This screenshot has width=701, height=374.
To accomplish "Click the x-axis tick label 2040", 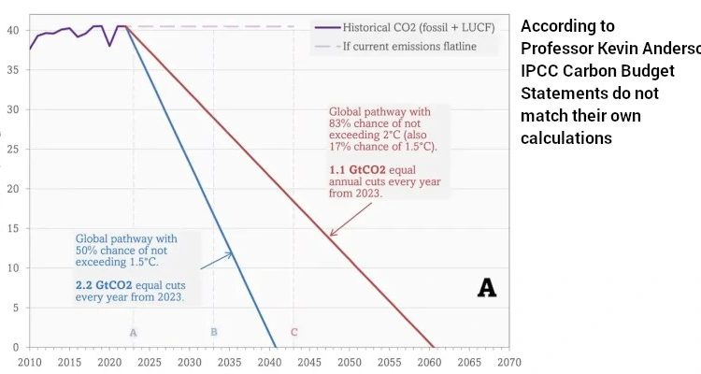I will point(269,361).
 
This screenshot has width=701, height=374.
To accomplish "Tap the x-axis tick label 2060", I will point(429,361).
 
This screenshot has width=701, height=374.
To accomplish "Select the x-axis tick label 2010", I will point(29,361).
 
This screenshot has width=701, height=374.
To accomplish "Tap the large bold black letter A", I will point(486,288).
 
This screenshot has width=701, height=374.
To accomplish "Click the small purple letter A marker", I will point(134,332).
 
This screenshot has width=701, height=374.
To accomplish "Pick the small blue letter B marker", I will point(213,332).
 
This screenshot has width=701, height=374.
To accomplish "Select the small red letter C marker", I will point(293,332).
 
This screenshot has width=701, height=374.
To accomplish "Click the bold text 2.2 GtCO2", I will point(106,283).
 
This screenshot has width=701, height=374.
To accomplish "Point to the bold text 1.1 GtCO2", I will point(350,168).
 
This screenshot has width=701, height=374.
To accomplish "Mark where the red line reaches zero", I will point(434,347).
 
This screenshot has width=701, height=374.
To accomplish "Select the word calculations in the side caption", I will point(566,138).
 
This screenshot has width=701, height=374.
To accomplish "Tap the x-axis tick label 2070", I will point(508,361).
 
